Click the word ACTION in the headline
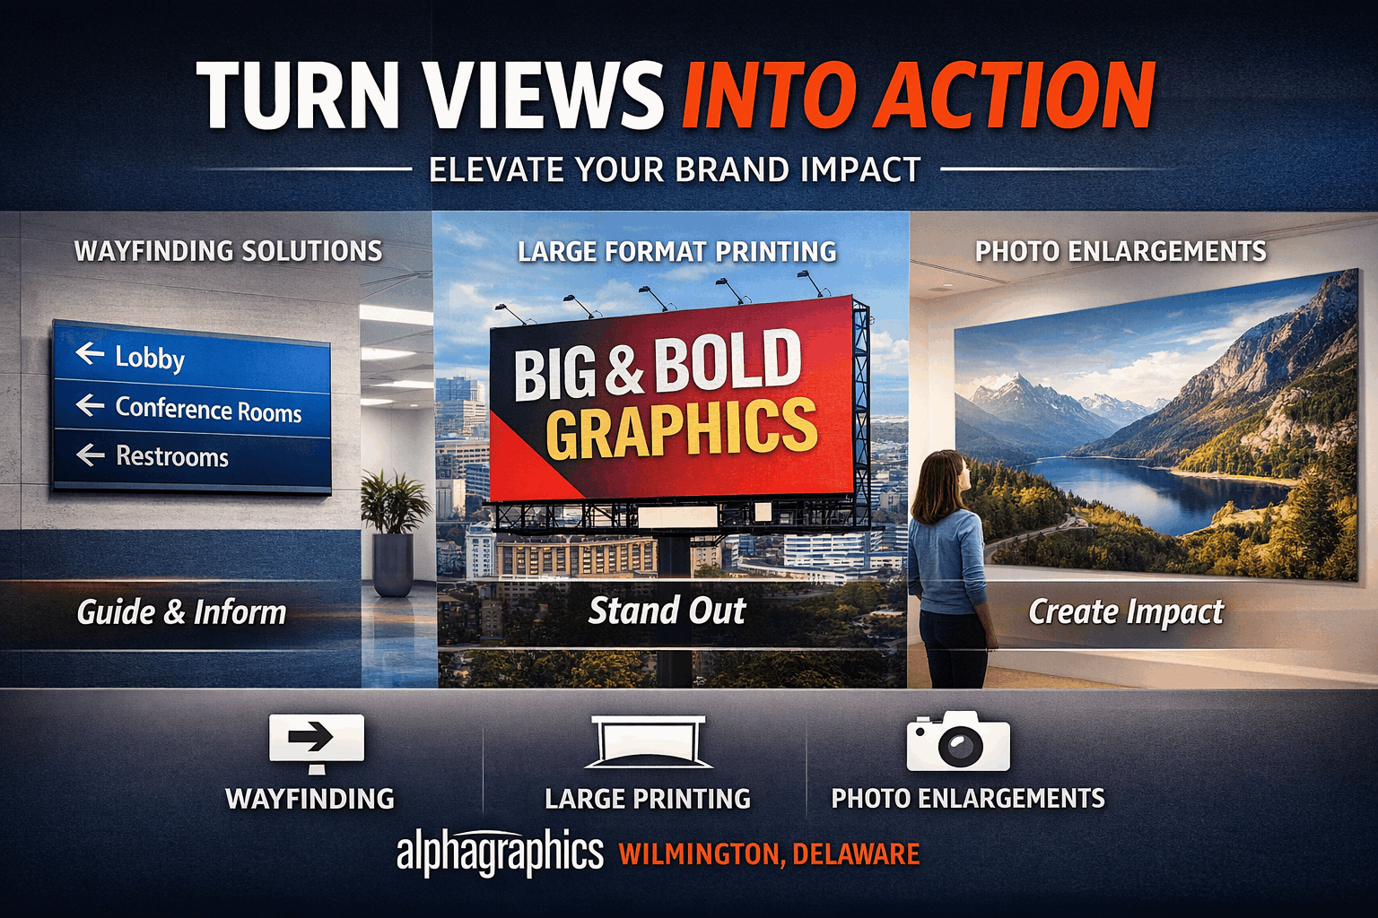(x=1014, y=97)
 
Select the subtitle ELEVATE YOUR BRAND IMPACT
(x=675, y=169)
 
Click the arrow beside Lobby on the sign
(x=90, y=353)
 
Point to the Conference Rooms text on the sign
(x=208, y=410)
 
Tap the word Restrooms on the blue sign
(x=172, y=456)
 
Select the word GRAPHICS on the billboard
(x=682, y=429)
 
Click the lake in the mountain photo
(x=1157, y=489)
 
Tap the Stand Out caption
(x=667, y=611)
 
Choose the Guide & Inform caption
(x=181, y=612)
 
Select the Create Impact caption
(x=1125, y=612)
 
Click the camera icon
(x=958, y=742)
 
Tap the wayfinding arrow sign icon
(x=316, y=740)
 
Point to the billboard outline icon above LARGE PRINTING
(x=648, y=742)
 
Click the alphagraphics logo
(x=500, y=853)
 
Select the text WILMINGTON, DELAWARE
(x=769, y=854)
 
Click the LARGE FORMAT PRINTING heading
(x=676, y=252)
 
